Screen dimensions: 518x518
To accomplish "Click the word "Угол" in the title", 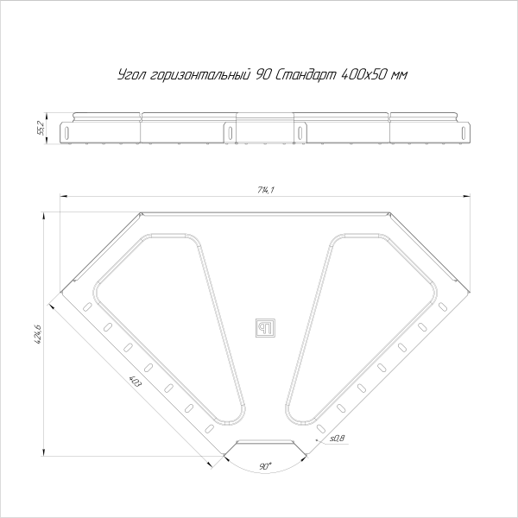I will (130, 76).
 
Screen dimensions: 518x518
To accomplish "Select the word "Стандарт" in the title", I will (307, 76).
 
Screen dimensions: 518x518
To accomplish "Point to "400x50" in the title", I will (366, 76).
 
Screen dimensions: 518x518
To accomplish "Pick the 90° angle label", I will (265, 465).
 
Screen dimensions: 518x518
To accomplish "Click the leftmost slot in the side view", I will (66, 133).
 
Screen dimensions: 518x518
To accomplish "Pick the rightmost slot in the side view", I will (467, 133).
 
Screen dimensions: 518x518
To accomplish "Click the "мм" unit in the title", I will (399, 76).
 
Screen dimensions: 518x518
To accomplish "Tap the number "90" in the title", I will (262, 76).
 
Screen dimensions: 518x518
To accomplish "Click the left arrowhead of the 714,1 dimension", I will (61, 198).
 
